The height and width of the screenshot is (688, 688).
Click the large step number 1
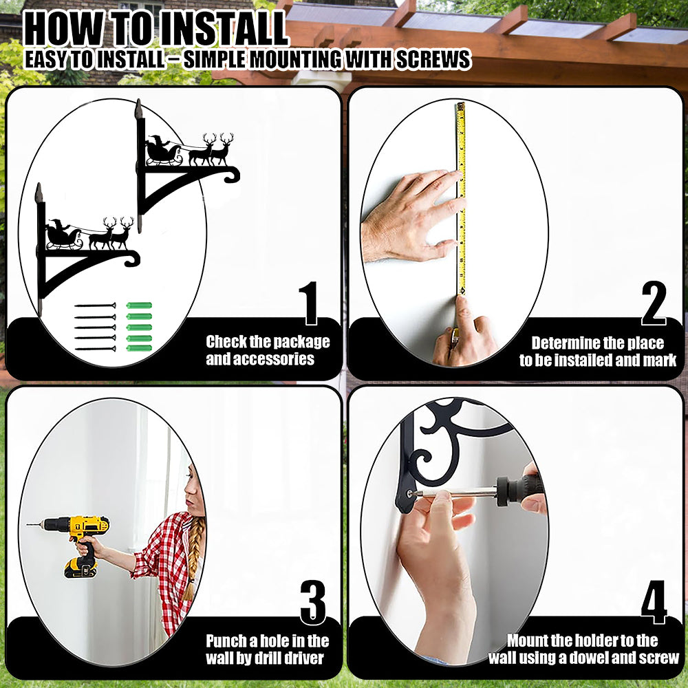click(310, 303)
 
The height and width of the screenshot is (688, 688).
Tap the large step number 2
click(654, 303)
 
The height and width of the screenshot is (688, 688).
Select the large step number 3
click(313, 602)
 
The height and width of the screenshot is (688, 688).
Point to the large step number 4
click(654, 602)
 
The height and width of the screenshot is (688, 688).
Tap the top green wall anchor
click(139, 305)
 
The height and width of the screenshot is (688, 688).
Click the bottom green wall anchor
click(139, 348)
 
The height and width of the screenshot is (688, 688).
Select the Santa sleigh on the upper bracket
click(163, 151)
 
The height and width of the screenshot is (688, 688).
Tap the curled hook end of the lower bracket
click(131, 259)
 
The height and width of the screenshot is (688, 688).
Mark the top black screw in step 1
click(95, 305)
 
